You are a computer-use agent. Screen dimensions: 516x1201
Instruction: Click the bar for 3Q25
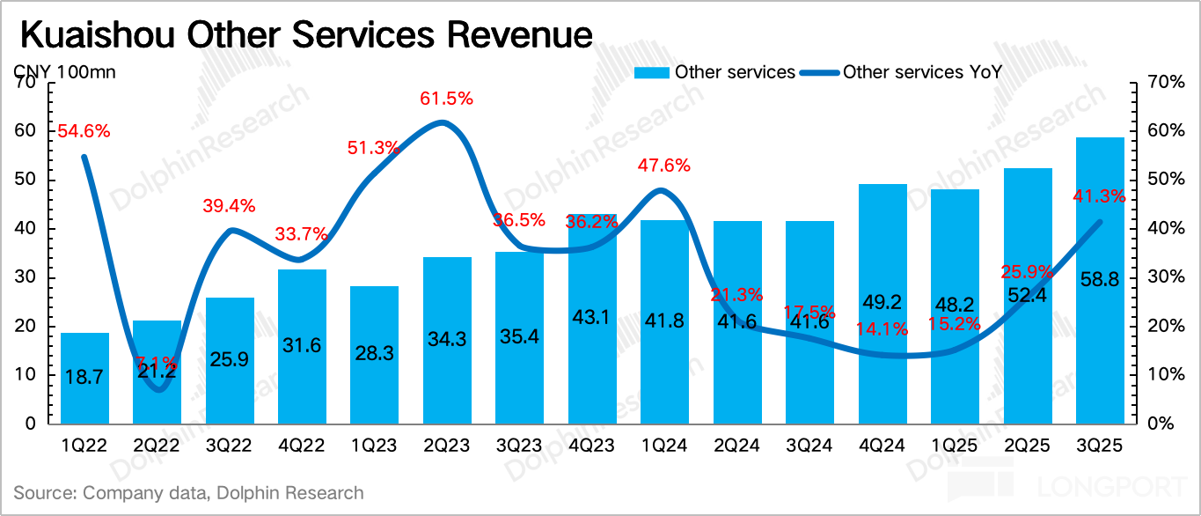coord(1100,282)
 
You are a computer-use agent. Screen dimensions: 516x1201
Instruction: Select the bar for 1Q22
coord(84,379)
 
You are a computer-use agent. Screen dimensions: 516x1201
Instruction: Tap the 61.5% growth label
coord(446,100)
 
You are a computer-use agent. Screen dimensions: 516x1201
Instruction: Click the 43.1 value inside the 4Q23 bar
coord(592,314)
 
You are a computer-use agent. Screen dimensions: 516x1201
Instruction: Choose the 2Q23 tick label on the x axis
coord(447,446)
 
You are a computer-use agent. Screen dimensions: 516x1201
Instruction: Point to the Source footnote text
coord(188,493)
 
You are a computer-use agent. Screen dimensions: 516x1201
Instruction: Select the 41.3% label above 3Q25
coord(1099,197)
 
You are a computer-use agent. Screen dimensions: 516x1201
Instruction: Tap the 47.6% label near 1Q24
coord(664,166)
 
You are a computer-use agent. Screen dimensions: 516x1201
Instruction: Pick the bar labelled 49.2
coord(882,304)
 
